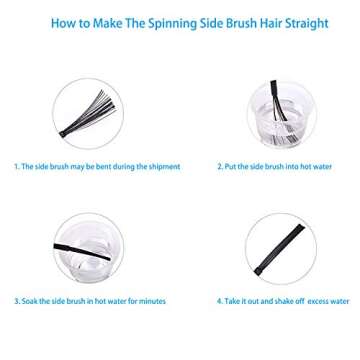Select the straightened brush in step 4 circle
pos(271,251)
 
